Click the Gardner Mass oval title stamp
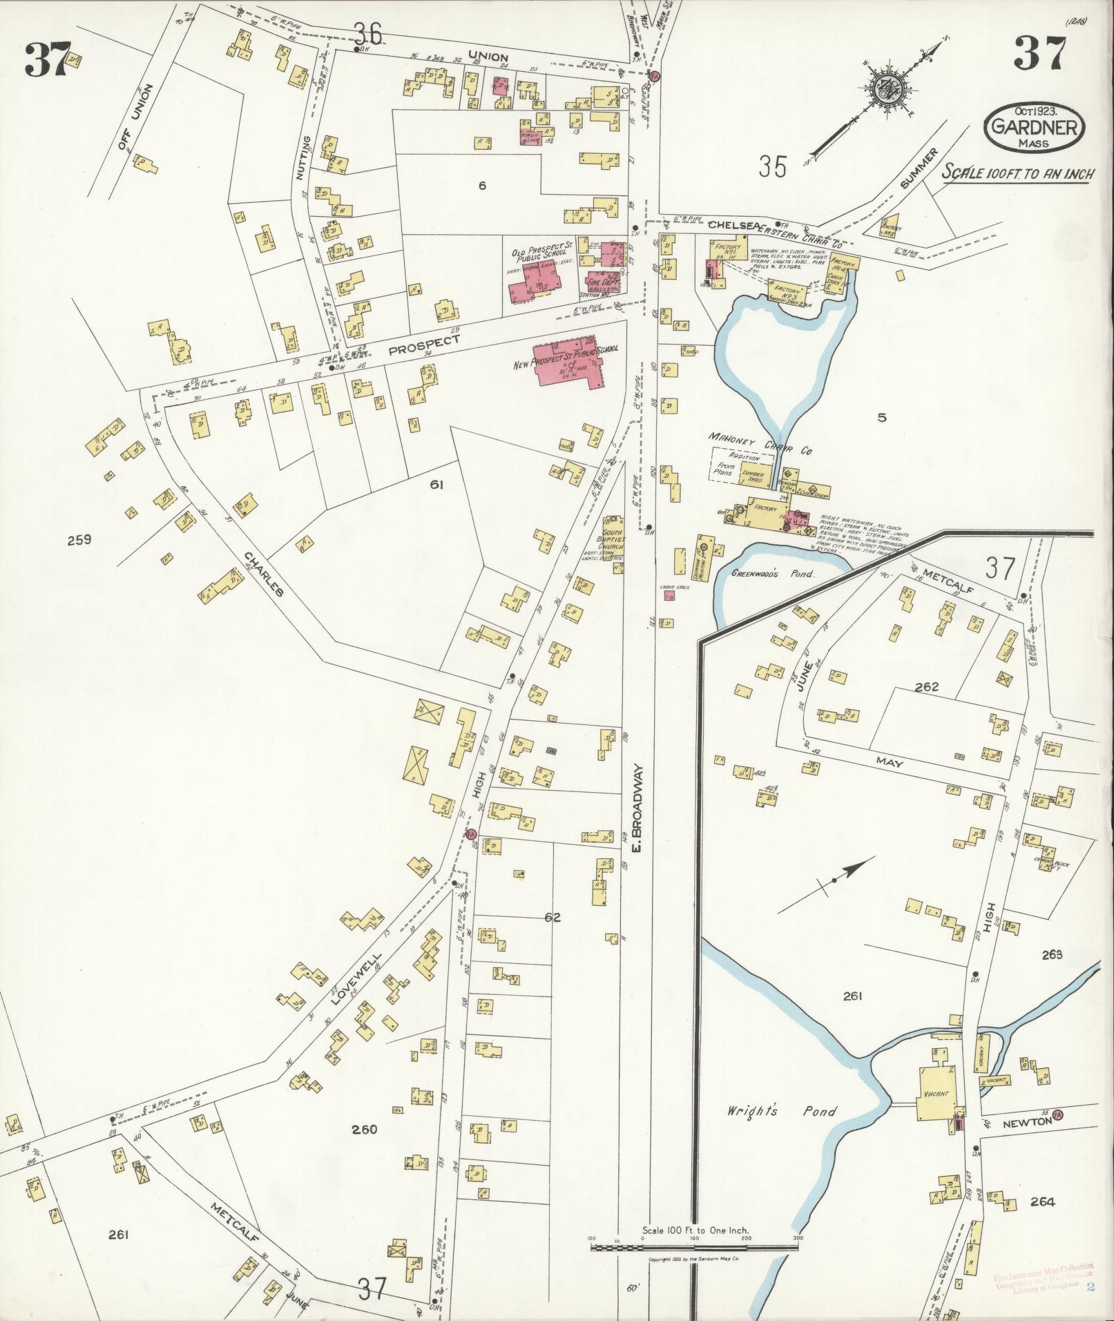[x=1034, y=127]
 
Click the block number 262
[x=926, y=687]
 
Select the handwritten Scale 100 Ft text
[x=1018, y=173]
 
